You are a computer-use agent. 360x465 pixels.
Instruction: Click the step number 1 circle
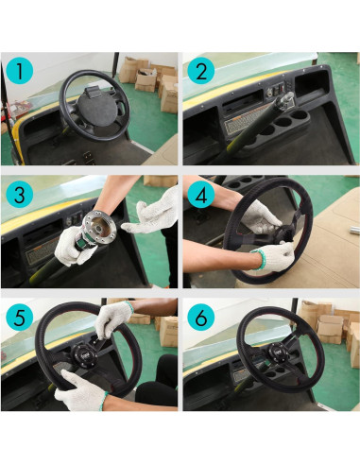pyautogui.click(x=20, y=71)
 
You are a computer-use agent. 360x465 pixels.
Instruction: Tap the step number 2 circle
pyautogui.click(x=201, y=71)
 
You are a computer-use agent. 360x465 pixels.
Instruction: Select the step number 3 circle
pyautogui.click(x=20, y=194)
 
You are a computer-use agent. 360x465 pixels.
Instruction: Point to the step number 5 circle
pyautogui.click(x=20, y=318)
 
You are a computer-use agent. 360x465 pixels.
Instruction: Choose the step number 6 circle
pyautogui.click(x=201, y=318)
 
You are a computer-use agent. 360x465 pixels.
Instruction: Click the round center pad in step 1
pyautogui.click(x=97, y=106)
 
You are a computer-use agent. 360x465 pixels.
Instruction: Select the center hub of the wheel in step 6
pyautogui.click(x=278, y=352)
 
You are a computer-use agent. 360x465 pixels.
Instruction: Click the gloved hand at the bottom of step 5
pyautogui.click(x=80, y=390)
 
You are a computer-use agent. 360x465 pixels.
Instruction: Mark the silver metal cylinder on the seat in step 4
pyautogui.click(x=354, y=230)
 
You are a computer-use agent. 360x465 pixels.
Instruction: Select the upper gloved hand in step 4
pyautogui.click(x=261, y=218)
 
